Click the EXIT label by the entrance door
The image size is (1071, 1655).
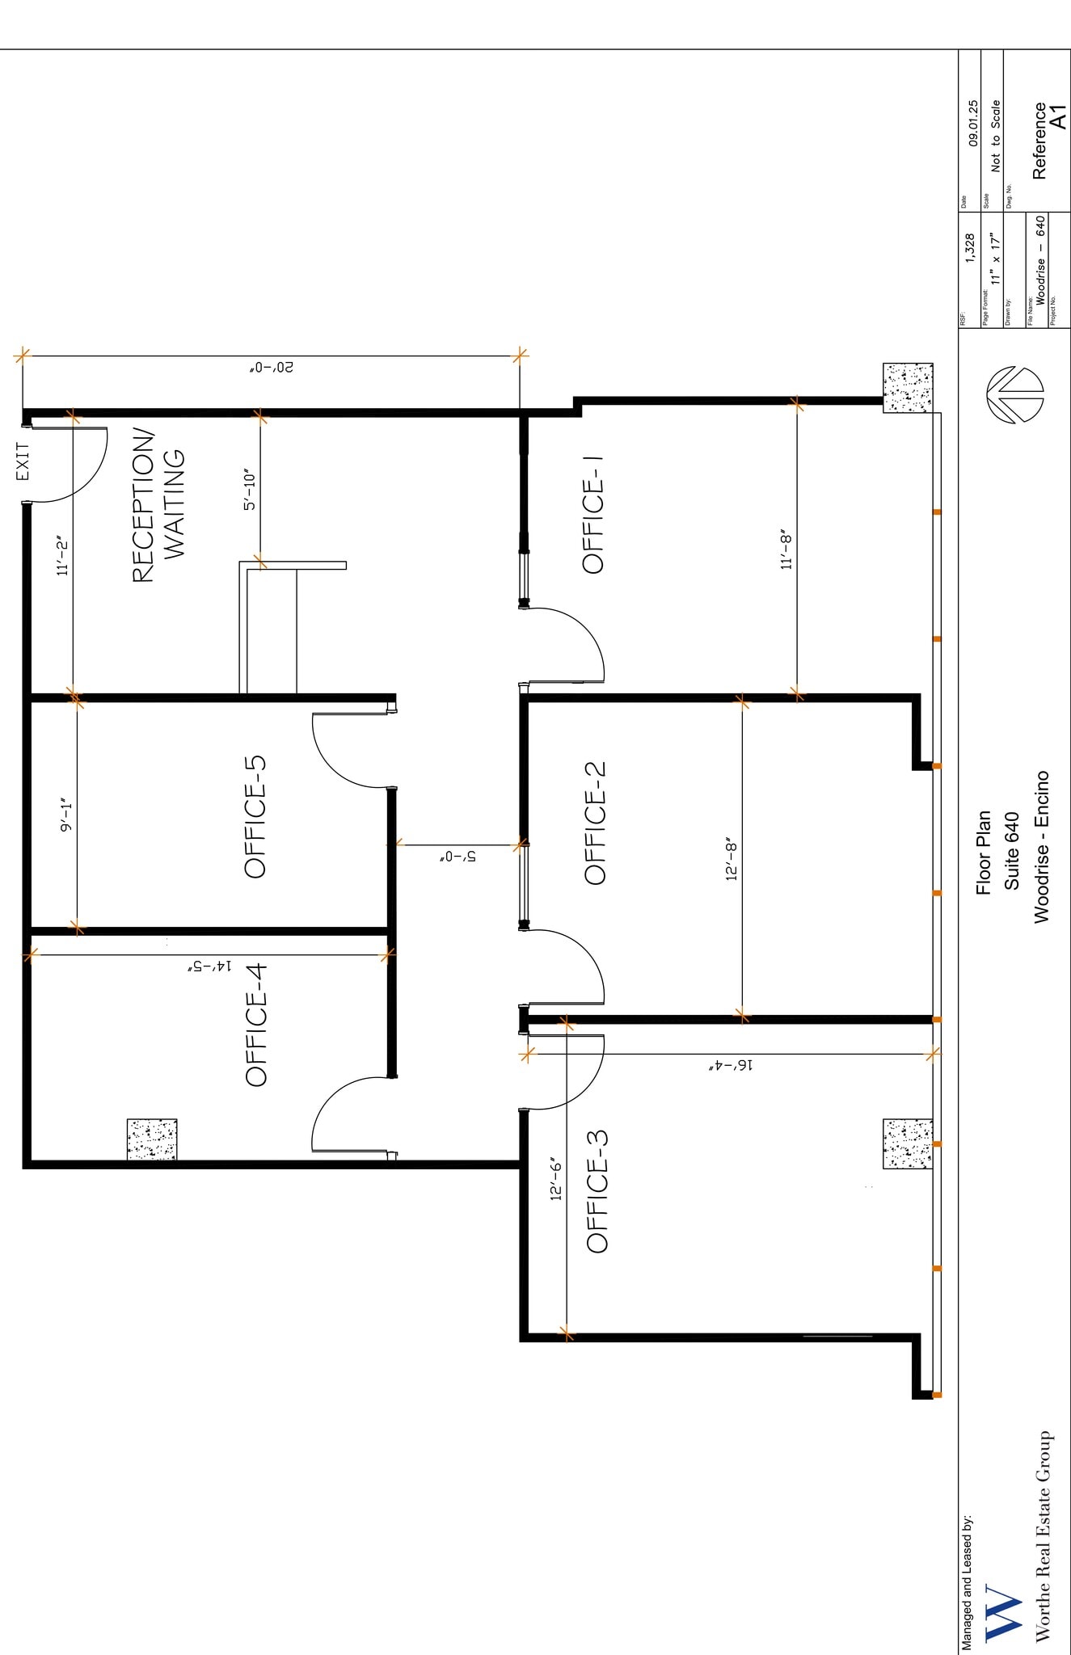[x=23, y=461]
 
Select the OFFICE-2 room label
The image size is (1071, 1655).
[x=596, y=823]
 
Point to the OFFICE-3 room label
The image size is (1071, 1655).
[x=597, y=1192]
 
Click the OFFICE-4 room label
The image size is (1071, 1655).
[x=256, y=1025]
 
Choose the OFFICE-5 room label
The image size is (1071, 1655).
[x=255, y=816]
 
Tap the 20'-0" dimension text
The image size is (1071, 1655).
[x=272, y=368]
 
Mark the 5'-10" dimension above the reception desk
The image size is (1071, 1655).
[x=250, y=490]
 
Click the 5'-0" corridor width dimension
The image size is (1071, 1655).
[x=458, y=856]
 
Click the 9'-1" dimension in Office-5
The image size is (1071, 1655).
[x=66, y=816]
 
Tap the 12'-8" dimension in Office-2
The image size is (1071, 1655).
[x=732, y=858]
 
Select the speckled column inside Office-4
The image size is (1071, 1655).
[x=152, y=1139]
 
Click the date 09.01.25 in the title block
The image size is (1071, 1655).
[x=972, y=123]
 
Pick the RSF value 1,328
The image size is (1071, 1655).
[x=971, y=249]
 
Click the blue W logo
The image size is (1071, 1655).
[x=1003, y=1613]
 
